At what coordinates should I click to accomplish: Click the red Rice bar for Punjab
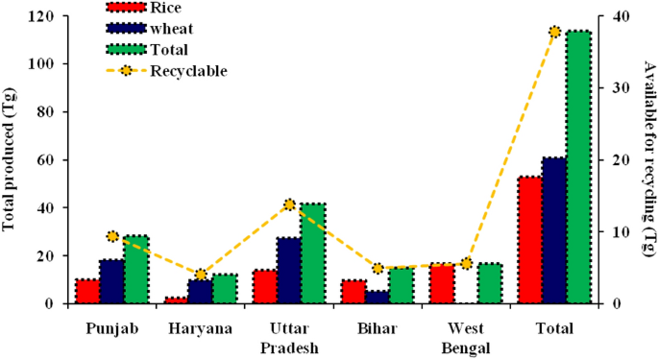click(87, 292)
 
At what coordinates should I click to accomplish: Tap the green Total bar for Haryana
click(225, 289)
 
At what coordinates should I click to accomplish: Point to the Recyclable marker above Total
click(554, 32)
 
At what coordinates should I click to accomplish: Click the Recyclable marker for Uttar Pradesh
click(289, 204)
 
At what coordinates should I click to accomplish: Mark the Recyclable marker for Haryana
click(200, 275)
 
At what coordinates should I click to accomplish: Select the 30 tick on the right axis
click(616, 88)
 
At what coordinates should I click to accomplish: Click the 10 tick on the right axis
click(616, 231)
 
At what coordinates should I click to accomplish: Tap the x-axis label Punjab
click(111, 329)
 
